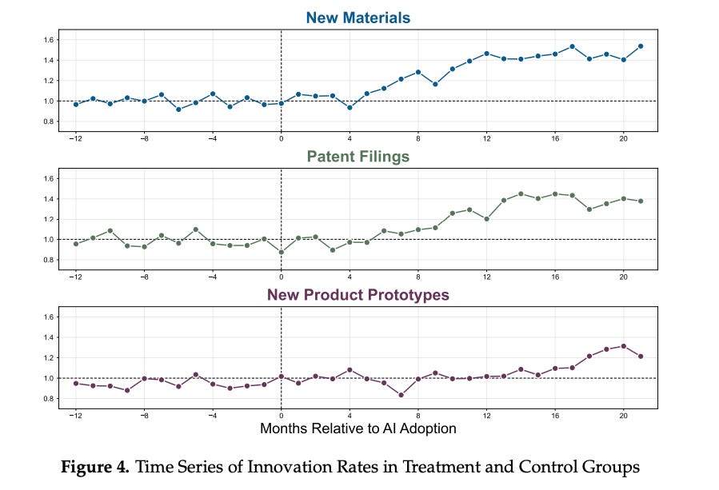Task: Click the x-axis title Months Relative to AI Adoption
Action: click(x=358, y=428)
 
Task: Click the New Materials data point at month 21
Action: click(x=641, y=46)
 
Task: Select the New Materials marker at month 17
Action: click(x=572, y=46)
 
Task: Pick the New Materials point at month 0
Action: click(x=281, y=103)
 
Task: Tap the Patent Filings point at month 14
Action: click(x=521, y=193)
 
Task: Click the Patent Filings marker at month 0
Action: click(x=281, y=252)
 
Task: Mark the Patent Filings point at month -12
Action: click(x=75, y=244)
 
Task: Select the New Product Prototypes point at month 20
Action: click(x=624, y=346)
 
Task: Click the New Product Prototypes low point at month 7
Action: click(x=401, y=395)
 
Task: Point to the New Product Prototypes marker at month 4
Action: click(x=350, y=370)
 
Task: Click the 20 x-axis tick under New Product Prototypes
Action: click(x=624, y=416)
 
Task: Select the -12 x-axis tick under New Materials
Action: click(x=74, y=138)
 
